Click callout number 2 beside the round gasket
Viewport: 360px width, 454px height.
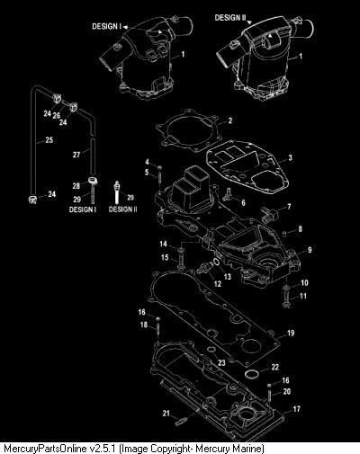click(x=230, y=120)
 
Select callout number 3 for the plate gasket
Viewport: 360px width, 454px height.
click(x=290, y=157)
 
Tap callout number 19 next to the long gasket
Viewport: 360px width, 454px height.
click(x=291, y=333)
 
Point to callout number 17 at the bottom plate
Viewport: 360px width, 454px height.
click(x=296, y=409)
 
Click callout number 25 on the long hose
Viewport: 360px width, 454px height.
click(x=49, y=139)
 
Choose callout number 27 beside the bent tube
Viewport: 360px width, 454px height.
click(x=76, y=155)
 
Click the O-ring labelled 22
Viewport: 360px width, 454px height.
click(x=250, y=374)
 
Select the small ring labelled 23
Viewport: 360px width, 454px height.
click(x=211, y=350)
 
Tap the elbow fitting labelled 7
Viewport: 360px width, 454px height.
click(x=269, y=213)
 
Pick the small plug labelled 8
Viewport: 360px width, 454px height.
click(x=286, y=233)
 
